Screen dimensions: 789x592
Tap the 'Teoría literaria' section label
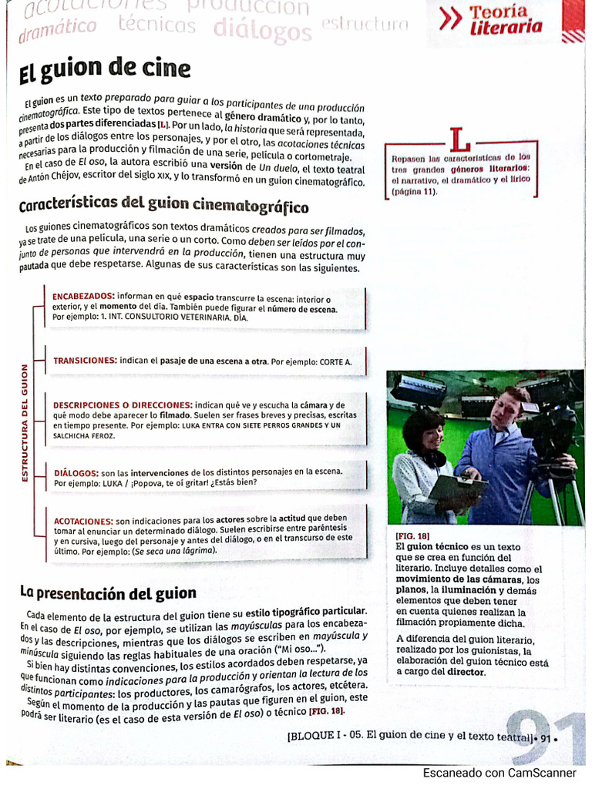point(506,20)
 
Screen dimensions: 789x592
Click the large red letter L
point(459,139)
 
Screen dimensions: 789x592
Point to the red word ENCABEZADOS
point(83,296)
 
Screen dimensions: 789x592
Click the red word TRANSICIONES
point(85,361)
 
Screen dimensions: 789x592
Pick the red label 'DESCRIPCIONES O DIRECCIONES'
point(123,405)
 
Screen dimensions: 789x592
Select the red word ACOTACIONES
point(83,521)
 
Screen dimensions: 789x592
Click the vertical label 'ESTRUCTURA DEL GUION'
point(25,423)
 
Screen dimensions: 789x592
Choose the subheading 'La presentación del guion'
point(108,593)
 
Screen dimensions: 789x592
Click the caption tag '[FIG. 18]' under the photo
point(412,536)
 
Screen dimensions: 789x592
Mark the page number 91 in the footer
point(546,738)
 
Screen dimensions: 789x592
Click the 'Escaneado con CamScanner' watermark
point(499,773)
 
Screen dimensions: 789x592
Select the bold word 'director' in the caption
point(466,672)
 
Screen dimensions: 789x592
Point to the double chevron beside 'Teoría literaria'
point(450,21)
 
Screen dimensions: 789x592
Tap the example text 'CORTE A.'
point(335,361)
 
